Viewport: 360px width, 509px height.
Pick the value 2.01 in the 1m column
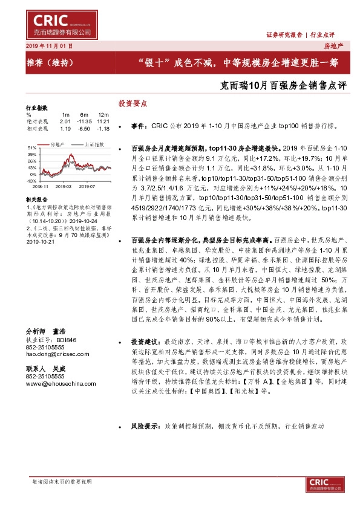click(65, 122)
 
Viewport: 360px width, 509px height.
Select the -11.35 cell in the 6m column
click(83, 122)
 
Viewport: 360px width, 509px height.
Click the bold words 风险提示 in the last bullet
click(144, 426)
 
